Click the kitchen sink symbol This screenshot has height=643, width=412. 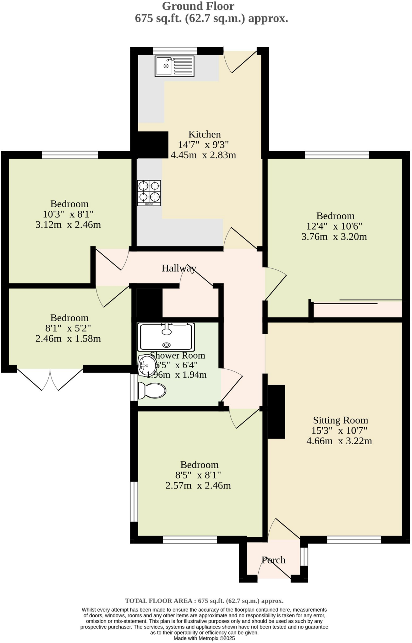click(174, 66)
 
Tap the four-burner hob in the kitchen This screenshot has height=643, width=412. click(149, 193)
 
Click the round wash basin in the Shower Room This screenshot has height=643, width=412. click(147, 365)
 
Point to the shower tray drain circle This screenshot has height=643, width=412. click(166, 345)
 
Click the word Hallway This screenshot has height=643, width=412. click(179, 268)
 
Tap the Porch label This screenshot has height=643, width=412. click(274, 560)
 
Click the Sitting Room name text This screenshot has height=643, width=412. click(340, 420)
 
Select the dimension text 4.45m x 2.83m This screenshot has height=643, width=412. click(203, 155)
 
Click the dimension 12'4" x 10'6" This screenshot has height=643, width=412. click(334, 226)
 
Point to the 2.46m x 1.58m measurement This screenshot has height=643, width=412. click(68, 339)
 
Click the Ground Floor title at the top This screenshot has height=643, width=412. click(198, 6)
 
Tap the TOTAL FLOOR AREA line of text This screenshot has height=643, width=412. click(204, 601)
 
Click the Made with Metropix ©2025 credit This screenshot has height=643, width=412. click(204, 638)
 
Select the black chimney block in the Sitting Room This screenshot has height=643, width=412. click(276, 411)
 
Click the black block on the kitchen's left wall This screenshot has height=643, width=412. click(153, 145)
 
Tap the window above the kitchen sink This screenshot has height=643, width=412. click(175, 51)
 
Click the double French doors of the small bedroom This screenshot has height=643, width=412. click(50, 378)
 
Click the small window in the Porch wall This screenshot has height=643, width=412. click(304, 557)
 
